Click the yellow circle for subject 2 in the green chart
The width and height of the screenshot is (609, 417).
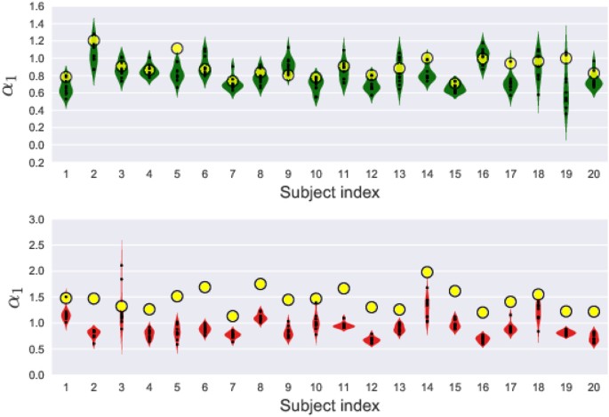pos(93,41)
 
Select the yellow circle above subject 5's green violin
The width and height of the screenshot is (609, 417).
pos(177,49)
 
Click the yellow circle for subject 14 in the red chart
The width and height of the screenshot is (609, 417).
pos(427,272)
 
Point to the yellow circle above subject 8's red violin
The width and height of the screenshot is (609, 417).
pos(260,284)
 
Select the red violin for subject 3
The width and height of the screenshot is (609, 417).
pos(122,320)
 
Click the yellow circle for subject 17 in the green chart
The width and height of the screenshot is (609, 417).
pos(509,63)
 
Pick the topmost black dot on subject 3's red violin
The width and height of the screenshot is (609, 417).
pos(122,265)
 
